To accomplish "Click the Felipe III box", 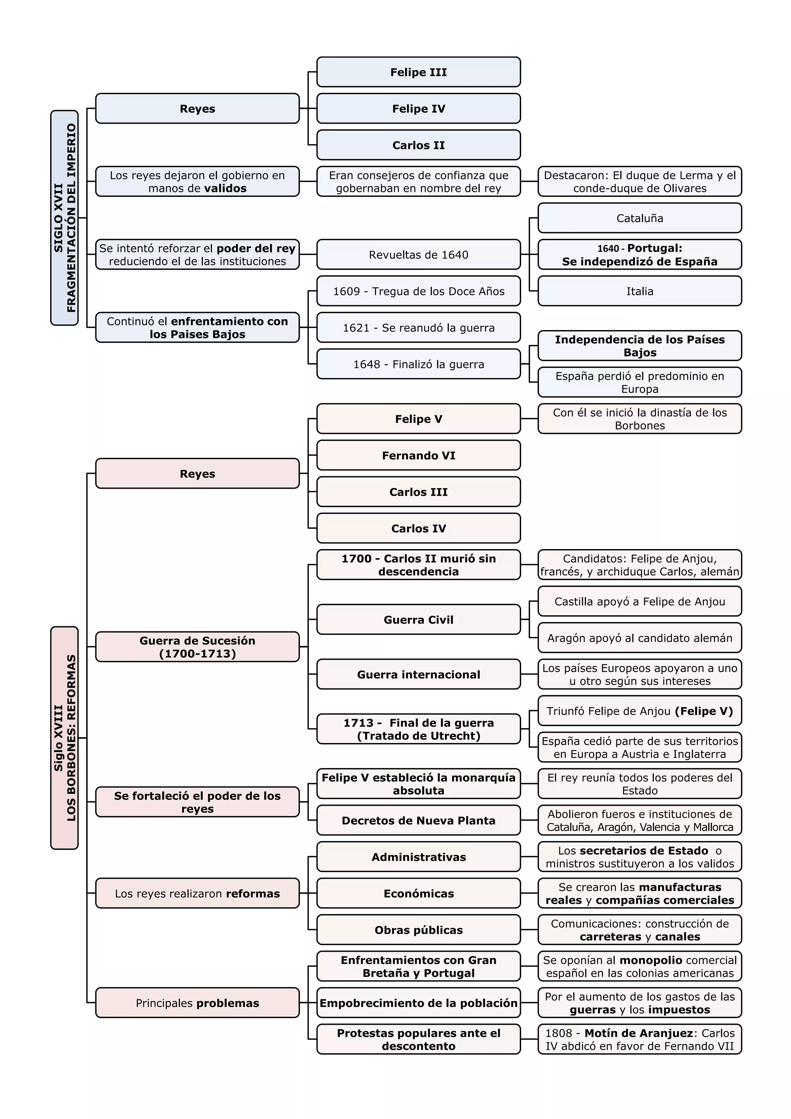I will pos(418,72).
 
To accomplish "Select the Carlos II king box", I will pos(418,145).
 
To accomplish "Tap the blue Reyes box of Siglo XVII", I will pos(197,109).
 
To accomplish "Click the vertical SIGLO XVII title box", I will pos(64,218).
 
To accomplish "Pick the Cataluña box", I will pos(640,218).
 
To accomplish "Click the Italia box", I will pos(640,291).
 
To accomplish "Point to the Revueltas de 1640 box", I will pos(418,255).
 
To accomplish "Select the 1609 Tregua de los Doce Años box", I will pos(418,291).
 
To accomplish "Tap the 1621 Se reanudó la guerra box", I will pos(418,328).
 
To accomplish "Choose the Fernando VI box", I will pos(418,456).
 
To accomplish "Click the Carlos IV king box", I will pos(418,529).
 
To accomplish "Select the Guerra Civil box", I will pos(418,620).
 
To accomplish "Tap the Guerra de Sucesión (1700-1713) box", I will pos(197,647).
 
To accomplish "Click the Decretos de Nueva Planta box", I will pos(418,821).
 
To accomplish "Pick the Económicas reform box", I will pos(418,894).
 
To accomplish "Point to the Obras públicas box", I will pos(418,930).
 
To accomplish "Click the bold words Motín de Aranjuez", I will pos(638,1033).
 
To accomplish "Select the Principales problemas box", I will pos(197,1003).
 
